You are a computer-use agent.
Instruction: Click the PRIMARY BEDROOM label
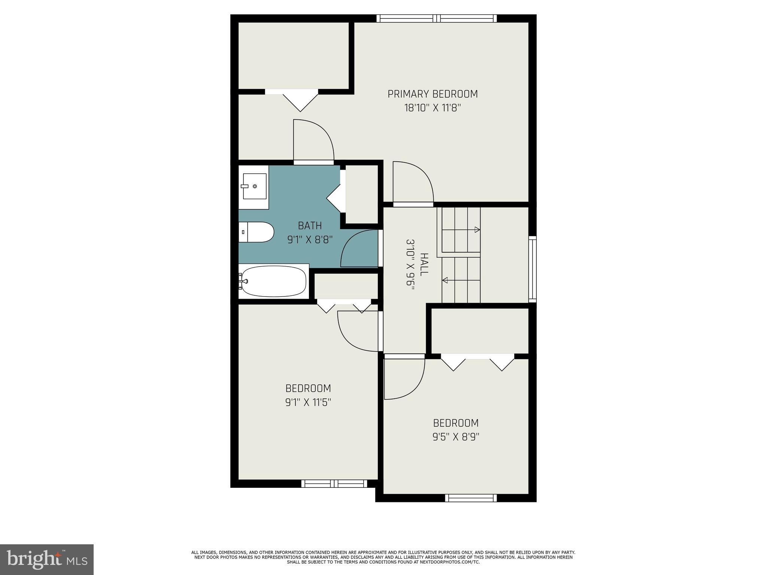coord(433,94)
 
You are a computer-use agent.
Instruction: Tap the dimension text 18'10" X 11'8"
coord(433,108)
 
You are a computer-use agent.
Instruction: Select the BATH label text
coord(310,226)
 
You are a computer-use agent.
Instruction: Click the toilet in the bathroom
coord(256,232)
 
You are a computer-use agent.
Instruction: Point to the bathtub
coord(274,281)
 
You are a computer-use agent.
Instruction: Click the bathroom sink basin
coord(254,186)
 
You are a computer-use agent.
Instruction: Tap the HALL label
coord(424,265)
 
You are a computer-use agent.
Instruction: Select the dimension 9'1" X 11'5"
coord(308,402)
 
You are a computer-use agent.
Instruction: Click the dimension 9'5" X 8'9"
coord(456,437)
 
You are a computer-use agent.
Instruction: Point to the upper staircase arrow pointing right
coord(476,229)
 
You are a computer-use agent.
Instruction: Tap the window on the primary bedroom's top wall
coord(437,18)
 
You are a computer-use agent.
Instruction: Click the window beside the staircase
coord(532,269)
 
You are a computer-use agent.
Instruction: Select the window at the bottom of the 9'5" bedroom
coord(471,498)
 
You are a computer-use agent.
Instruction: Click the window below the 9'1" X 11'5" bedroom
coord(334,484)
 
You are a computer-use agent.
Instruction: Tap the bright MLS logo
coord(46,559)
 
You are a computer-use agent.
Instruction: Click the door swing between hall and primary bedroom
coord(412,183)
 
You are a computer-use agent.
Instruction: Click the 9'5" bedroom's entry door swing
coord(404,378)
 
